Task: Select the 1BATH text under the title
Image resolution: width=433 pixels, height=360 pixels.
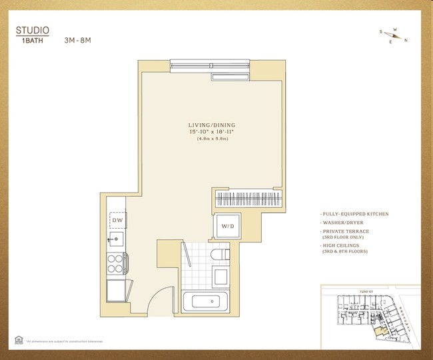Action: [31, 40]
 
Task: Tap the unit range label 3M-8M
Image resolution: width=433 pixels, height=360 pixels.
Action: [77, 39]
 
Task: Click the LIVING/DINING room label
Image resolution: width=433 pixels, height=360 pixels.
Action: [212, 125]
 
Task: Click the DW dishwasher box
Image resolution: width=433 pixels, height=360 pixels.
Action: [117, 219]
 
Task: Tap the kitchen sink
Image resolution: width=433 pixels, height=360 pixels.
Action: [117, 238]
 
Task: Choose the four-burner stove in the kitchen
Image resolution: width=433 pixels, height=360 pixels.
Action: [117, 261]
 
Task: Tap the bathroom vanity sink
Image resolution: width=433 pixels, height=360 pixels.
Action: [220, 275]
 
